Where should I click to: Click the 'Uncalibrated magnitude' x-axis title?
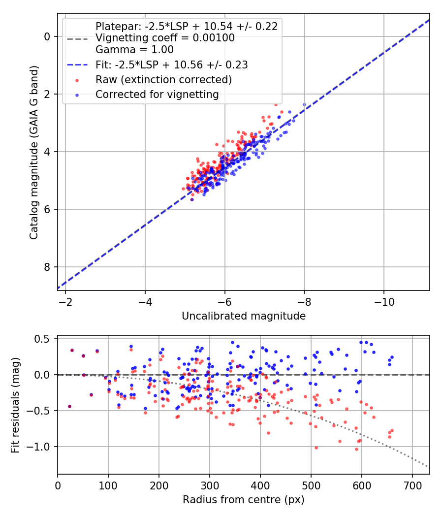(x=244, y=316)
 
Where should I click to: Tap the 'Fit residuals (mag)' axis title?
(x=15, y=404)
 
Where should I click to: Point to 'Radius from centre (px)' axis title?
(x=244, y=500)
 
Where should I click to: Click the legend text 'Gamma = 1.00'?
(x=134, y=49)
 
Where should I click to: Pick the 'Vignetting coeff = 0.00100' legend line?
(x=165, y=38)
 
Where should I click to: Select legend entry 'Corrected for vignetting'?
(x=157, y=94)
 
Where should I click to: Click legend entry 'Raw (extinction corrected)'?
(x=163, y=79)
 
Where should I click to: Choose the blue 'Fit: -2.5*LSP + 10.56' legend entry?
(x=171, y=65)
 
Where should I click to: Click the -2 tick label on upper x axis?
(x=65, y=301)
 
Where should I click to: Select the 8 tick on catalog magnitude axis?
(x=47, y=267)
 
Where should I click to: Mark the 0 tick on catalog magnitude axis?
(x=47, y=37)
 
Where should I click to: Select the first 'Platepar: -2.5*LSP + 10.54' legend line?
(x=187, y=27)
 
